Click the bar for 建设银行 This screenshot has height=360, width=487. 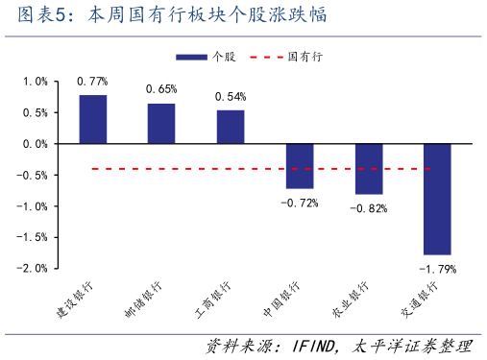pos(93,119)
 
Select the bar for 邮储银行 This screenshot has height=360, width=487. pos(161,123)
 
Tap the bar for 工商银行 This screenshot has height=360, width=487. pos(231,127)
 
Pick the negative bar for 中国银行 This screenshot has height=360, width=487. pos(300,166)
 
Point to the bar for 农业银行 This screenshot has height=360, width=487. pos(369,169)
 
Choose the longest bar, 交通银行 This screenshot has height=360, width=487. pos(437,199)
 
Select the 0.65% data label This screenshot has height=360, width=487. pos(161,89)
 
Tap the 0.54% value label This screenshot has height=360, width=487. pos(231,96)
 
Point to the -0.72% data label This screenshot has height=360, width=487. pos(299,203)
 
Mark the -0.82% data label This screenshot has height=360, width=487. pos(368,208)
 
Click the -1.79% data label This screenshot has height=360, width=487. pos(437,269)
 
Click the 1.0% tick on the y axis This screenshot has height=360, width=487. pos(35,82)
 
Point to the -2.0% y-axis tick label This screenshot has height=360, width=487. pos(32,269)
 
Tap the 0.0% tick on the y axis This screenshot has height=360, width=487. pos(35,144)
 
